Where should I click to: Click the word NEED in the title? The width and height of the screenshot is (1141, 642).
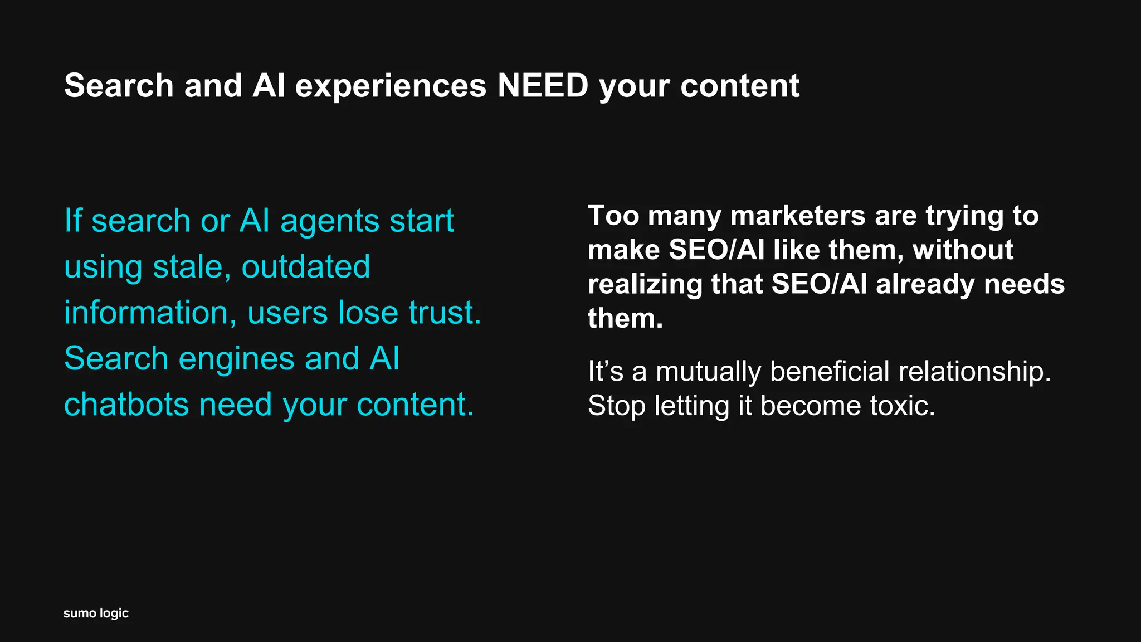pyautogui.click(x=543, y=86)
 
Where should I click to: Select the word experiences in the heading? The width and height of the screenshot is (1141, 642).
pyautogui.click(x=391, y=87)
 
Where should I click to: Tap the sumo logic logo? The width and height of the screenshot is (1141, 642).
pyautogui.click(x=96, y=614)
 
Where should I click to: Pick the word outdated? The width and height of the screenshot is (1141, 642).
pyautogui.click(x=305, y=267)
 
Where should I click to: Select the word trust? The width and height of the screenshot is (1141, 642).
pyautogui.click(x=445, y=313)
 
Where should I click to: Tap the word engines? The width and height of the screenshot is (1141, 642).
pyautogui.click(x=236, y=359)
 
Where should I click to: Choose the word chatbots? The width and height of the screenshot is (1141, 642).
pyautogui.click(x=126, y=405)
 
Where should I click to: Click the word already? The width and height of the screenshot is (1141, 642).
pyautogui.click(x=924, y=285)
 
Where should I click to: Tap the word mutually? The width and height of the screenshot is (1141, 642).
pyautogui.click(x=708, y=372)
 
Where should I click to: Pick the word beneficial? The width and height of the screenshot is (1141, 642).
pyautogui.click(x=830, y=372)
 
